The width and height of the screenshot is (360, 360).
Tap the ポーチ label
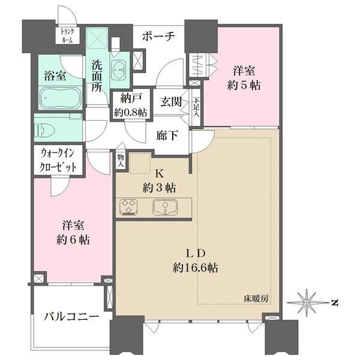(158, 37)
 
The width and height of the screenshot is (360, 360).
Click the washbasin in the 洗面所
(120, 69)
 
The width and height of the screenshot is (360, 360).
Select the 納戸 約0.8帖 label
(130, 106)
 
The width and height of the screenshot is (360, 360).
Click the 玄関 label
(171, 102)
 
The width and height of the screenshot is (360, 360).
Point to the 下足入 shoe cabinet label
(196, 108)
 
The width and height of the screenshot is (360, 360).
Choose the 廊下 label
(166, 135)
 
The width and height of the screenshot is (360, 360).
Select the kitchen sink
(163, 207)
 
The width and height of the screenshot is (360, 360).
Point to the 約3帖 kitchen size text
(159, 187)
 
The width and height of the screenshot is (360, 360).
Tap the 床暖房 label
(255, 298)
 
